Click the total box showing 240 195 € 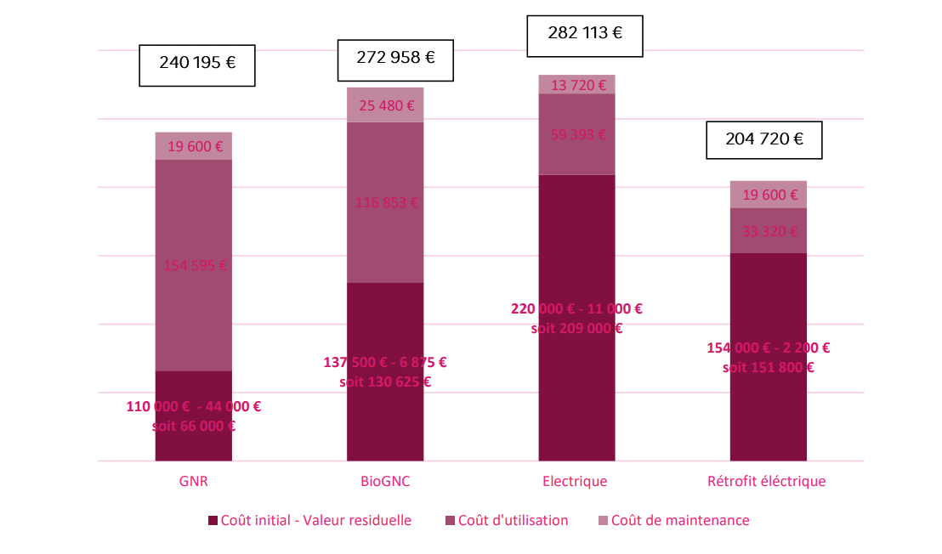197,62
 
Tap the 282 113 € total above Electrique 584,34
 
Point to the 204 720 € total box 764,139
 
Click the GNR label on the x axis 194,482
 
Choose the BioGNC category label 385,482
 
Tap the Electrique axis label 575,482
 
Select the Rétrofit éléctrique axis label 766,482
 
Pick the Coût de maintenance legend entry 673,520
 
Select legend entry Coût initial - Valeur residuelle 309,520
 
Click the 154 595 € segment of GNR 194,264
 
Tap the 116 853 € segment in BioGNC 385,202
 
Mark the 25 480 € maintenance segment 385,105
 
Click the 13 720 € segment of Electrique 577,85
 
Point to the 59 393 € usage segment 577,134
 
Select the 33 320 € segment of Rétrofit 769,231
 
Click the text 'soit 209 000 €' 576,328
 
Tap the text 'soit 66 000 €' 193,426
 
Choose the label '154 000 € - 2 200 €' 769,348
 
